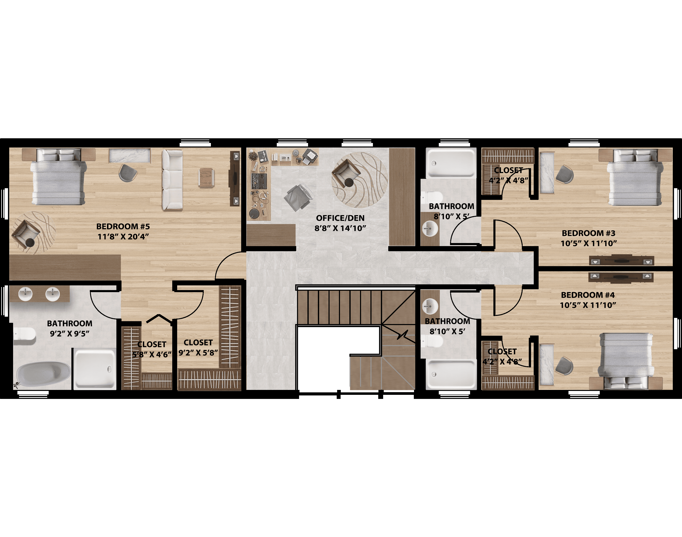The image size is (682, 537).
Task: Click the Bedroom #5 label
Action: pos(123,226)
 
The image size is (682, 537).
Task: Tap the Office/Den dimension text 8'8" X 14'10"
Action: pos(340,228)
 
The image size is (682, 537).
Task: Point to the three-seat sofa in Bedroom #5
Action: pos(172,180)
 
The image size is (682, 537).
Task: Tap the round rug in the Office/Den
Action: pos(359,180)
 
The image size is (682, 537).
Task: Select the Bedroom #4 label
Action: pos(588,295)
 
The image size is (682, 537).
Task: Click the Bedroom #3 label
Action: pos(588,233)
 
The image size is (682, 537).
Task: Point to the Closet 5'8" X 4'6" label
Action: pos(152,349)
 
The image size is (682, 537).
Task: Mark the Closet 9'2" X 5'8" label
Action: pos(198,347)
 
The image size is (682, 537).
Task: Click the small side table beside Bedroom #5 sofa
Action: pos(206,178)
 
